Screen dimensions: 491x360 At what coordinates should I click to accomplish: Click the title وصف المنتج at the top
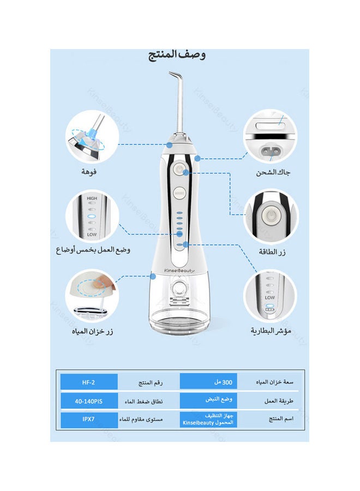pos(177,55)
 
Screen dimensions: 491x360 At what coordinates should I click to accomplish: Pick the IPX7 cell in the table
pos(88,420)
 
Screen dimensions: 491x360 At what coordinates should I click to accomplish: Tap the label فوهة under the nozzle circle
pos(89,172)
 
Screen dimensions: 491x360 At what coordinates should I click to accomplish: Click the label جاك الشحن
pos(273,172)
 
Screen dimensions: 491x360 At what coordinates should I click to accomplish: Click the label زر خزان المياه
pos(93,331)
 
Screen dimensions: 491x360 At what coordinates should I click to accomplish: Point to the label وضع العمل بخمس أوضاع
pos(93,250)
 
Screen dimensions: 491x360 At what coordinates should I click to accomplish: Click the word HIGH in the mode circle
pos(92,198)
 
